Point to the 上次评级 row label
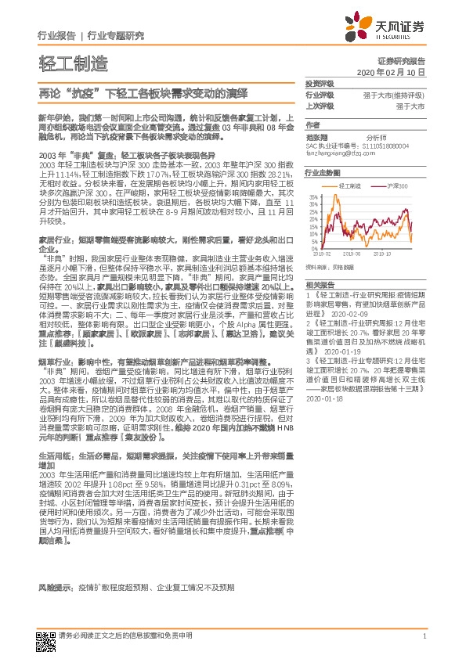(x=319, y=105)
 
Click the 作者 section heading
(x=312, y=125)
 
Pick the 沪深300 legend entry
(x=398, y=186)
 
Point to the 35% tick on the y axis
(x=313, y=196)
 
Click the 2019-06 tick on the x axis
(x=350, y=254)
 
